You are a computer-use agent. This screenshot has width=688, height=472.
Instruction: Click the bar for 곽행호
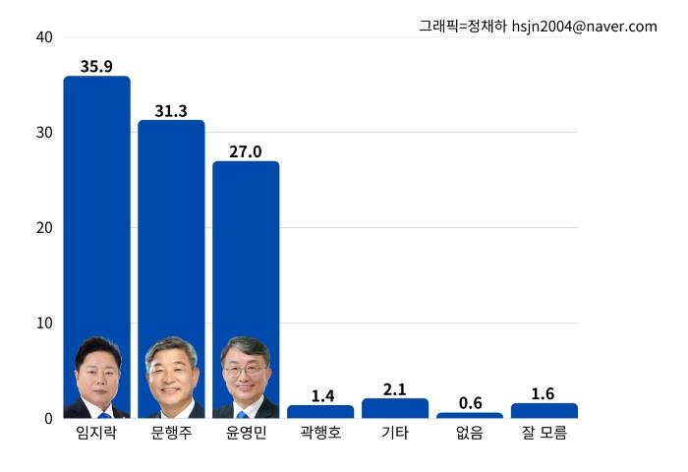tap(320, 412)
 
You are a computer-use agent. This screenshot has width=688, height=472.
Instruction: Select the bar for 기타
tap(395, 408)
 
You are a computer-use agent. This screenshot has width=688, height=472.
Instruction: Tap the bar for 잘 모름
tap(544, 411)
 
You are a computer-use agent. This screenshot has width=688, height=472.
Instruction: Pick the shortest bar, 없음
tap(470, 415)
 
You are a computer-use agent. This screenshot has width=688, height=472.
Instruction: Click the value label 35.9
tap(96, 67)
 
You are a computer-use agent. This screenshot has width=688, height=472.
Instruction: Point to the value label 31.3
tap(171, 111)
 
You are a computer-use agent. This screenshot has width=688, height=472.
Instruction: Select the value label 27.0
tap(246, 151)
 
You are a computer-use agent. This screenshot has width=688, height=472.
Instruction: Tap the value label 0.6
tap(470, 403)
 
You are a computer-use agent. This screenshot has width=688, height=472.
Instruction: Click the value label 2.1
tap(395, 389)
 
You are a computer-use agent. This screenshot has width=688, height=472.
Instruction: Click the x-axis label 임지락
tap(96, 434)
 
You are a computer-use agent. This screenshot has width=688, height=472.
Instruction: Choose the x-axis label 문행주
tap(171, 434)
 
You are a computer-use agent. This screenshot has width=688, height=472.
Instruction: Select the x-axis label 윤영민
tap(246, 434)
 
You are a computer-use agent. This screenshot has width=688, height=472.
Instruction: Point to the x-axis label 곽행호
tap(320, 434)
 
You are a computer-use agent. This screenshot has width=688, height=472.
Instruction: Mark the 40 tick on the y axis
tap(43, 37)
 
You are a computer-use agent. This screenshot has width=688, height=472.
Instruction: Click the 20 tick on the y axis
tap(43, 228)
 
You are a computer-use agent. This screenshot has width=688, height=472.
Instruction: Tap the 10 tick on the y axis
tap(43, 324)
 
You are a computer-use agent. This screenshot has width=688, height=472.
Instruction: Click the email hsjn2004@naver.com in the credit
tap(584, 27)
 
